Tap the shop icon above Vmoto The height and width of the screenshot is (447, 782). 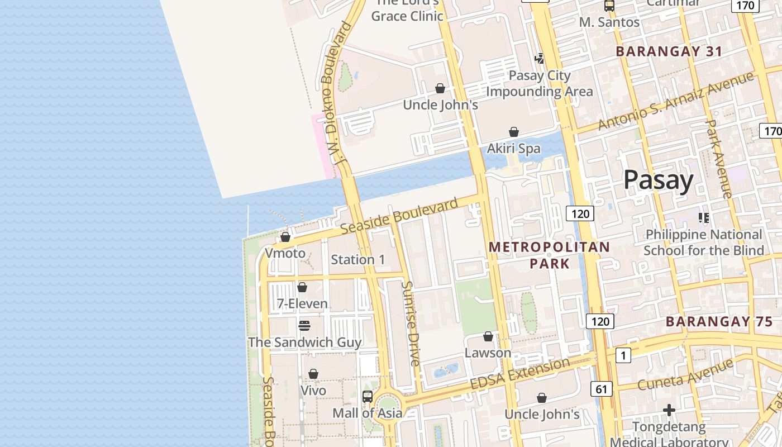click(x=285, y=237)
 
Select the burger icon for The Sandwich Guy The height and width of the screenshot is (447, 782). click(x=304, y=325)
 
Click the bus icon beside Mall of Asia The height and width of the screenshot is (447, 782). click(x=368, y=397)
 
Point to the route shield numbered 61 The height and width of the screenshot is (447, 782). click(x=600, y=389)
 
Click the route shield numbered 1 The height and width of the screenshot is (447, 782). click(x=623, y=355)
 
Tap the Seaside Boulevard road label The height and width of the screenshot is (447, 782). click(x=399, y=216)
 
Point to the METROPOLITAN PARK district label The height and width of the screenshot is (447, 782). click(x=549, y=255)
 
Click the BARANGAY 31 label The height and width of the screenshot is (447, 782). click(x=669, y=51)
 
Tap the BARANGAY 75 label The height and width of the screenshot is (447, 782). click(x=716, y=321)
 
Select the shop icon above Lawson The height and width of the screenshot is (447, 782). click(x=488, y=336)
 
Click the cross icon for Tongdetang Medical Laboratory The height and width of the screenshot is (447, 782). click(x=669, y=411)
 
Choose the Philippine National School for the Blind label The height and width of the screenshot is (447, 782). click(x=703, y=242)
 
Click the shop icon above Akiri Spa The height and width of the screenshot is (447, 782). click(x=514, y=132)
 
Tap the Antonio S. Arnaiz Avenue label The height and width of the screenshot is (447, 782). click(x=676, y=101)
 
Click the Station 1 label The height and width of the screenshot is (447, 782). click(x=358, y=259)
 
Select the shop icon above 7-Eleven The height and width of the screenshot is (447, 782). click(x=302, y=287)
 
